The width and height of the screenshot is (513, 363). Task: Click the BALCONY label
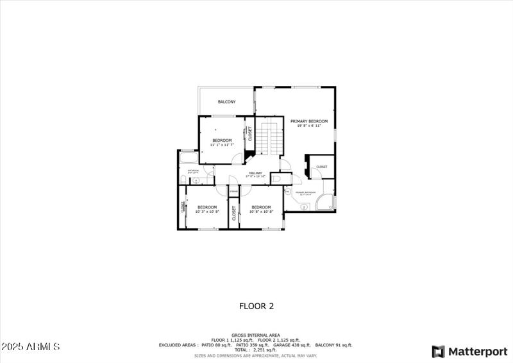point(226,102)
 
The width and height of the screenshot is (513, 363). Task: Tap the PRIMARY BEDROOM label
point(308,121)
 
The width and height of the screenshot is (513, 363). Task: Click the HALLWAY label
point(255,173)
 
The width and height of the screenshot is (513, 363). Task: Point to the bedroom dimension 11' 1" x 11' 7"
point(222,145)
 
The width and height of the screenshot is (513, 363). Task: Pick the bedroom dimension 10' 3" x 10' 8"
point(207,212)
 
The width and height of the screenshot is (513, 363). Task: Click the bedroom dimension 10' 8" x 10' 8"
point(261,212)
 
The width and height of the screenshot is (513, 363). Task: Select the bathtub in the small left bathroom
point(189,158)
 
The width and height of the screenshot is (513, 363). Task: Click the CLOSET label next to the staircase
point(250,134)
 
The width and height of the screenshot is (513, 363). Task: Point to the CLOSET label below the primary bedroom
point(321,167)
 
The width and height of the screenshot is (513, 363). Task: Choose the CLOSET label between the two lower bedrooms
point(233,213)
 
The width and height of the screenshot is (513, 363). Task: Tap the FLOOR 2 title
point(256,306)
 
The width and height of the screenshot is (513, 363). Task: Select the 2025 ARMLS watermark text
point(30,347)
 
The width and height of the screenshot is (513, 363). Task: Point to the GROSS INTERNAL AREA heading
point(256,335)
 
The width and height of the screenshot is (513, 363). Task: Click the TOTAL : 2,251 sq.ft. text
point(256,350)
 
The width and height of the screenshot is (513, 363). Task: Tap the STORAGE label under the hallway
point(233,192)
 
